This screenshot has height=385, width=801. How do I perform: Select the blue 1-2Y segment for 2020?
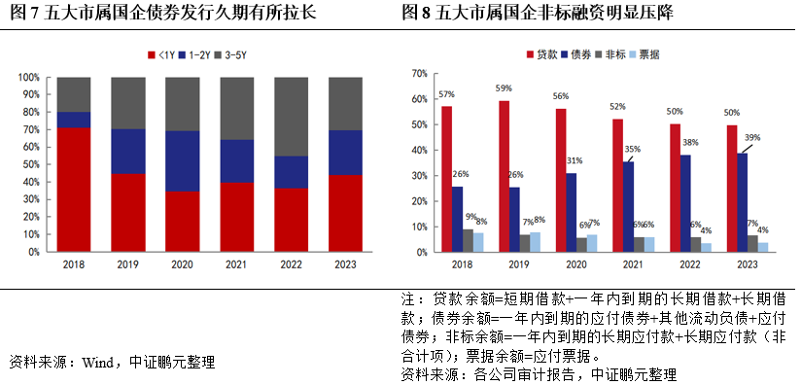tap(184, 161)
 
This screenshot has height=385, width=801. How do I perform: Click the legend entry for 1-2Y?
tap(200, 57)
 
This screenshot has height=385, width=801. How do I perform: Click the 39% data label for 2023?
tap(752, 138)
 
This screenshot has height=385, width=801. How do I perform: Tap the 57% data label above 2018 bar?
tap(446, 94)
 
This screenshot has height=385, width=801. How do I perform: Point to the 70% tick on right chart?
tap(420, 73)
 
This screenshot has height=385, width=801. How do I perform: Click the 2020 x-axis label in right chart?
tap(577, 263)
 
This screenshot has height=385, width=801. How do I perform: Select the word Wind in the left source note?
tap(99, 363)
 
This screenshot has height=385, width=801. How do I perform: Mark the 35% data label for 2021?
tap(634, 149)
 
